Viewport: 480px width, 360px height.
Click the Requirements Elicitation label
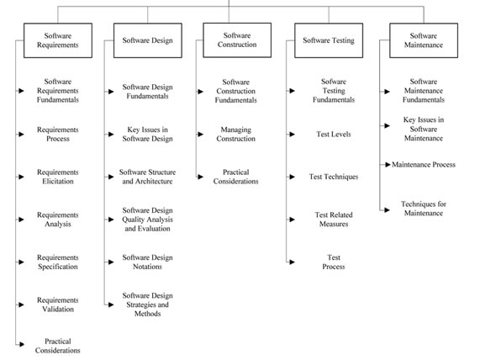point(58,177)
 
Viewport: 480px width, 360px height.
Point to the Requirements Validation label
point(58,304)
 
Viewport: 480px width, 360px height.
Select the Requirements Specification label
point(58,262)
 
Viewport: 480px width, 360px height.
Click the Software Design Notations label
point(148,262)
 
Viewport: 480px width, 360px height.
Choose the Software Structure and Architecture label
point(148,177)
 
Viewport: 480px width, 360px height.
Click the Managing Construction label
point(236,135)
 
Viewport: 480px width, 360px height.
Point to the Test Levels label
point(333,134)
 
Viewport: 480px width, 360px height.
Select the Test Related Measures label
point(333,220)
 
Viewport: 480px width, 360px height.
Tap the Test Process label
point(333,262)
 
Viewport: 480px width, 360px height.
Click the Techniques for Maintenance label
point(423,207)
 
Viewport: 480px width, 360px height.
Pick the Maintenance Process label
point(424,164)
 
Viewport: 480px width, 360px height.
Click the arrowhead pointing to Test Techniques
point(292,177)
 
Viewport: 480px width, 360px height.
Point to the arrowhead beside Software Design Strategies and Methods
point(108,304)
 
